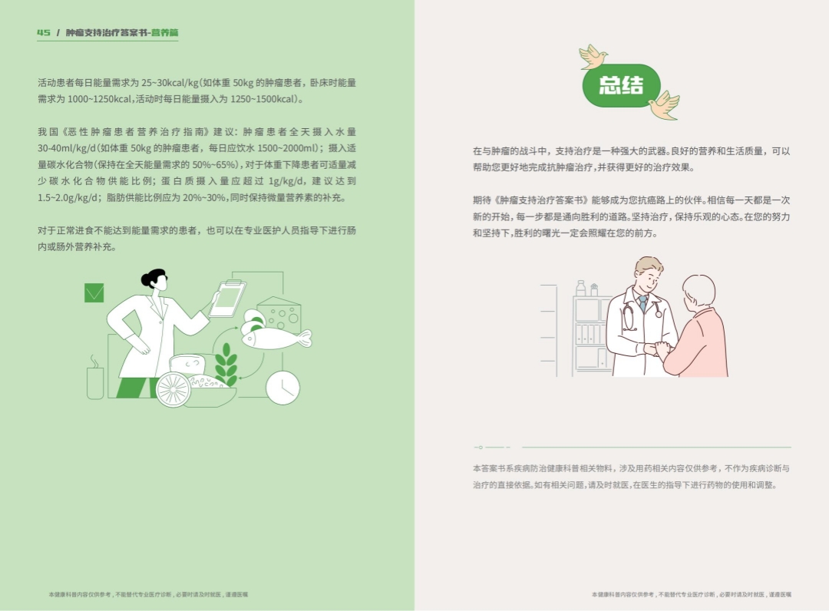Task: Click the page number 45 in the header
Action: point(43,32)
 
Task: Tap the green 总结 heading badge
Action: point(621,86)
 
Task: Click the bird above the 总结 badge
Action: point(593,57)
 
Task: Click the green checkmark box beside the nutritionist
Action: point(94,292)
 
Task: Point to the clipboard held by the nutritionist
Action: point(228,299)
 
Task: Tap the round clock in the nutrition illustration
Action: point(282,388)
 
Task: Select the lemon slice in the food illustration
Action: point(173,389)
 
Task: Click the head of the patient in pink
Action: point(699,291)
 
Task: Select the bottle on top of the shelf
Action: point(581,288)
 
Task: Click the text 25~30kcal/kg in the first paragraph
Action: point(170,83)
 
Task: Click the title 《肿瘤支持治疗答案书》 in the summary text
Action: point(541,200)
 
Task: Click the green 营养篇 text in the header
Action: point(165,32)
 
